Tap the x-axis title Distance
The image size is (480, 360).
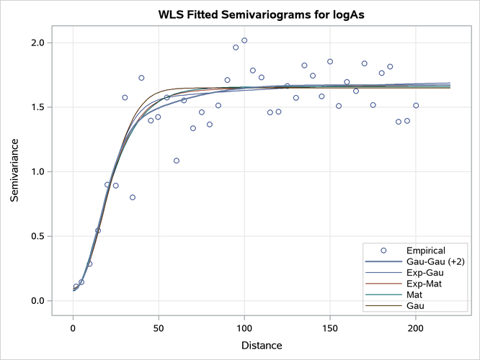point(261,346)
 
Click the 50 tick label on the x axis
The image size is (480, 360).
point(159,328)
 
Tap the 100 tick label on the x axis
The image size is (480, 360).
point(244,328)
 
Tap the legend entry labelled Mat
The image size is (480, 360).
point(414,294)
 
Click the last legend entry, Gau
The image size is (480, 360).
point(415,306)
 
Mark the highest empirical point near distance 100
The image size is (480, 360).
point(244,40)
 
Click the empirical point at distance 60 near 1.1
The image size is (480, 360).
point(176,161)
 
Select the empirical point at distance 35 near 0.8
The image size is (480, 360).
point(133,197)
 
